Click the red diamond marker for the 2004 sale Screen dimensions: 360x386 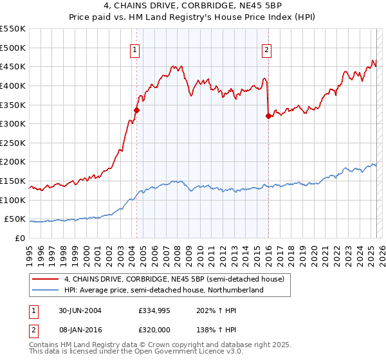[136, 110]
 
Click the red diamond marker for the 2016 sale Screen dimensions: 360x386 [268, 116]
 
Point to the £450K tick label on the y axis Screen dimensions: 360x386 [13, 66]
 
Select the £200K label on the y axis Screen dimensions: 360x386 [13, 162]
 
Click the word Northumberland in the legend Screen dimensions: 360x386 [235, 290]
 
